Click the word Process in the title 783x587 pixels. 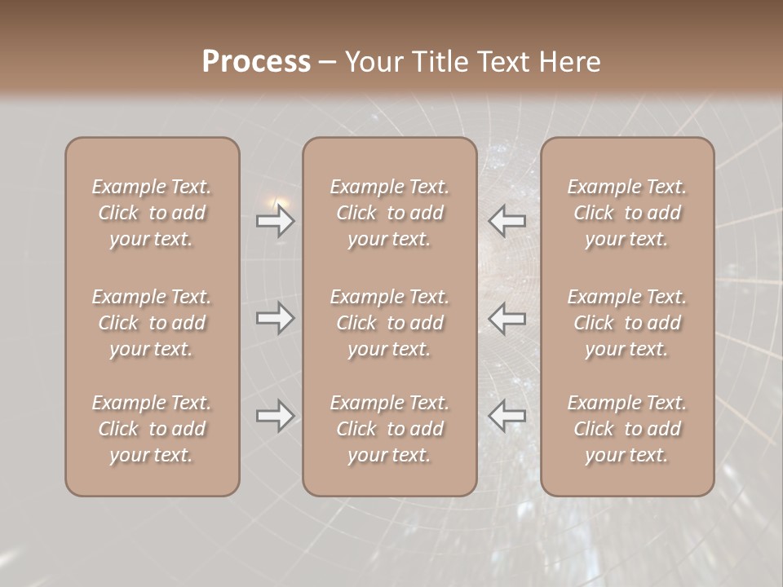256,62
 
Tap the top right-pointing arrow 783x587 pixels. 276,220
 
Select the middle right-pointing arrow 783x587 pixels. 276,318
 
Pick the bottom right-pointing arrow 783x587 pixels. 276,416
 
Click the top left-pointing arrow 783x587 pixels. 507,220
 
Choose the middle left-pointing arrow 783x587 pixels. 507,318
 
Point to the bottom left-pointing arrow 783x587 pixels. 507,416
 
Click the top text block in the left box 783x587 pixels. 152,213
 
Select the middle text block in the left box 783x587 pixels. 152,323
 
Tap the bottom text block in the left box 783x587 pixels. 152,429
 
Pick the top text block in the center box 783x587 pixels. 389,213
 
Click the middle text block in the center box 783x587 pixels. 389,323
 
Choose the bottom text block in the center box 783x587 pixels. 389,429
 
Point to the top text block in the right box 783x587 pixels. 626,213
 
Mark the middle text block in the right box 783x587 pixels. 626,323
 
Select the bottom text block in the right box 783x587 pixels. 626,429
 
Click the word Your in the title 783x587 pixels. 373,62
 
